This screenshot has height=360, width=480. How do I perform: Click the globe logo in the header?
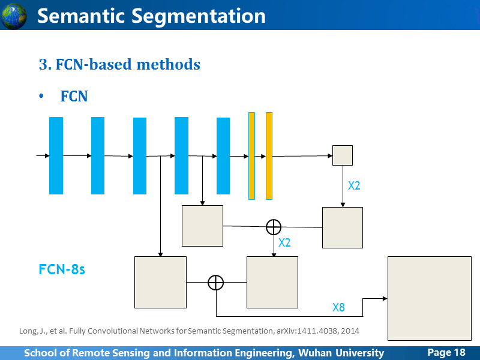tap(13, 16)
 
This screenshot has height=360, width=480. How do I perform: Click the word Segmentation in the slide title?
tap(199, 16)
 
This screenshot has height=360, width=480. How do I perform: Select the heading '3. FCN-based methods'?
tap(119, 64)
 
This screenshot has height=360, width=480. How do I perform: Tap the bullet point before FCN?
tap(41, 96)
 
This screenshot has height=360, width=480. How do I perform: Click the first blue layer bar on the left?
tap(56, 155)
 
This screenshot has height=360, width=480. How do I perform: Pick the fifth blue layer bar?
tap(223, 156)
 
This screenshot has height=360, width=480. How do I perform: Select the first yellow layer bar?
tap(251, 156)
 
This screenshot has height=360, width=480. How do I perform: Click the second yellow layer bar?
tap(269, 156)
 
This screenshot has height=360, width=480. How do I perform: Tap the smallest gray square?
tap(343, 155)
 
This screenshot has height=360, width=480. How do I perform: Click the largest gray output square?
tap(430, 298)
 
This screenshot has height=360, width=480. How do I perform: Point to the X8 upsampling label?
tap(338, 307)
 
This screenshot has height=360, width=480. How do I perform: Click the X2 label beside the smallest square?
tap(354, 186)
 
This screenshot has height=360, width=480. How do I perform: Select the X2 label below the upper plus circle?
tap(284, 243)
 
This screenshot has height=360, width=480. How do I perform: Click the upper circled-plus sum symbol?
tap(274, 227)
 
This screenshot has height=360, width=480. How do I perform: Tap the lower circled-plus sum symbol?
tap(216, 282)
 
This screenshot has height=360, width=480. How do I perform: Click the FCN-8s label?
tap(62, 269)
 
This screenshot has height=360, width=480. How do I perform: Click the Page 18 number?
tap(446, 352)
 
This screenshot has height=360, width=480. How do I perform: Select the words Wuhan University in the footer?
tap(341, 353)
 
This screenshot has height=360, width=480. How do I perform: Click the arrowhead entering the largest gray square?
tap(385, 298)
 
